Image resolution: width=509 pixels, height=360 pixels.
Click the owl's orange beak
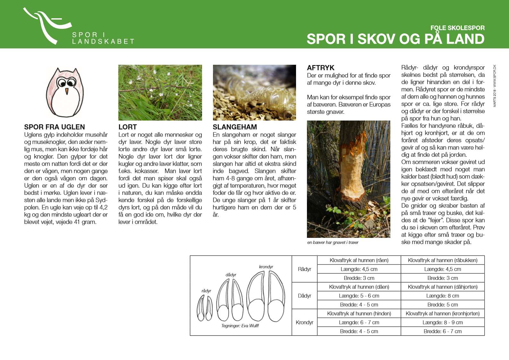[67, 91]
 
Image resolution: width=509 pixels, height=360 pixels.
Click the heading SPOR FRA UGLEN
[55, 127]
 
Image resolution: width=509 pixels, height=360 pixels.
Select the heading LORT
[128, 127]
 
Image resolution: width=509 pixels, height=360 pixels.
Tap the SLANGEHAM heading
[235, 127]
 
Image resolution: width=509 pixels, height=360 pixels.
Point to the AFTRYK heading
[320, 68]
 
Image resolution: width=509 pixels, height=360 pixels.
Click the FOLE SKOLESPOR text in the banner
[457, 28]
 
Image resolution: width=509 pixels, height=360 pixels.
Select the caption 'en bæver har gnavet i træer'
[333, 242]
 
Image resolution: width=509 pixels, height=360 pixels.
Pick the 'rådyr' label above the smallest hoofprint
[206, 291]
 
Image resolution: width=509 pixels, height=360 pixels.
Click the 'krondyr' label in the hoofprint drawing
[266, 267]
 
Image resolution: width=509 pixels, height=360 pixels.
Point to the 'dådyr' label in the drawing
[231, 275]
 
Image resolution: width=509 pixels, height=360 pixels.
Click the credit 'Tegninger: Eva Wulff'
[240, 326]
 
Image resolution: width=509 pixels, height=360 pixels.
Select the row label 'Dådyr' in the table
[304, 296]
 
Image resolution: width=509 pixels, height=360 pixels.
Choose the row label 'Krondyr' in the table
[304, 322]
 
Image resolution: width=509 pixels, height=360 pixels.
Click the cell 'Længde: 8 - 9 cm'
[443, 322]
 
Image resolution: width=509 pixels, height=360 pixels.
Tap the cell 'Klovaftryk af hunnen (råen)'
[359, 260]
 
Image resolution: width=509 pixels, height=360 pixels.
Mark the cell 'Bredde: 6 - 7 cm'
[443, 331]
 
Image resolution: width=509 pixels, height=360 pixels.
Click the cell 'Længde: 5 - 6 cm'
[359, 296]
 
